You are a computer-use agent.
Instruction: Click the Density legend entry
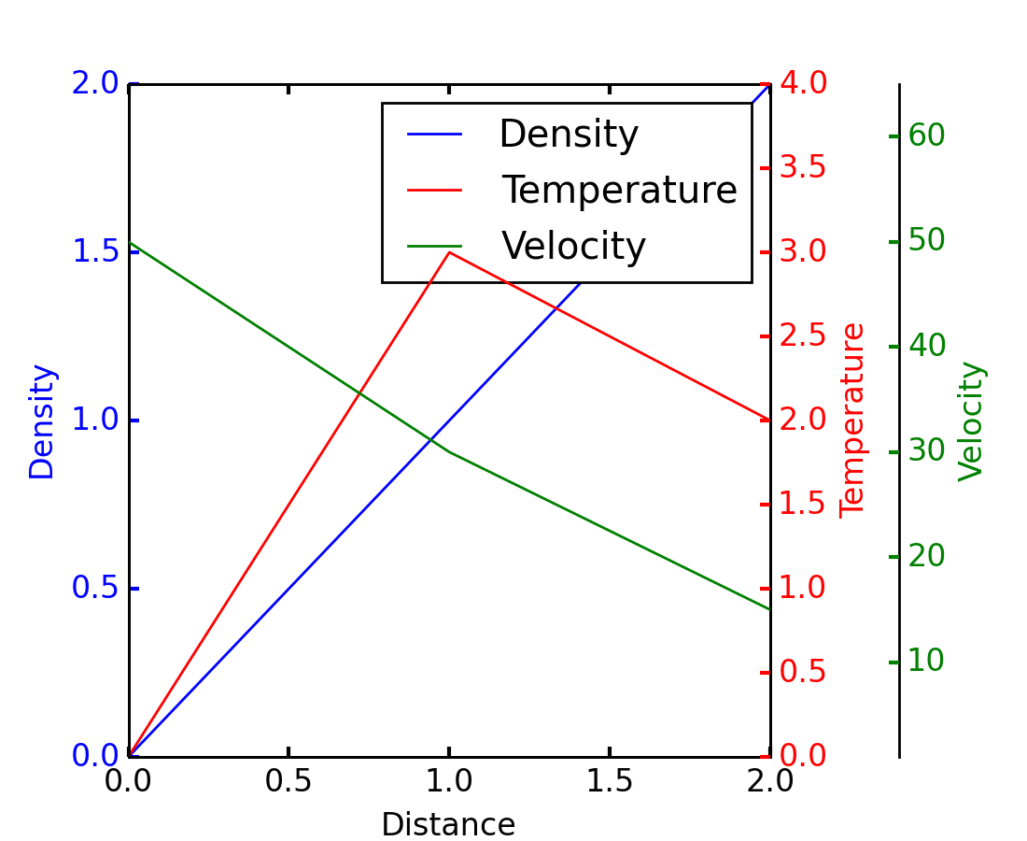tap(568, 135)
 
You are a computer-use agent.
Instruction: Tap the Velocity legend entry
tap(573, 247)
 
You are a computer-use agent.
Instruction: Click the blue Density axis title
tap(42, 420)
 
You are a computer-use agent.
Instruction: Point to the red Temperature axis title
tap(852, 420)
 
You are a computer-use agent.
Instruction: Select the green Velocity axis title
tap(972, 420)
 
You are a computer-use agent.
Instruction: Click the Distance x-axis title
tap(448, 825)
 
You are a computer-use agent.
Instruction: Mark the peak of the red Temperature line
tap(450, 252)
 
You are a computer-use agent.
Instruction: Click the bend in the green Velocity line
tap(449, 452)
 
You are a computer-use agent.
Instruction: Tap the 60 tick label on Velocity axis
tap(926, 136)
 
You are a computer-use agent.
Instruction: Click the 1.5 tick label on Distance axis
tap(610, 782)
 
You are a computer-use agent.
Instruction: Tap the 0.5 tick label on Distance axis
tap(288, 782)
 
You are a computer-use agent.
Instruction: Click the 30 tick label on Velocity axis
tap(926, 451)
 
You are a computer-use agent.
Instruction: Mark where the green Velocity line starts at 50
tap(130, 243)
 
